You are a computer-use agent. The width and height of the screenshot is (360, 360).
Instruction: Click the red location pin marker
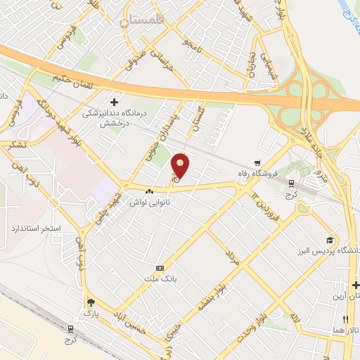(181, 165)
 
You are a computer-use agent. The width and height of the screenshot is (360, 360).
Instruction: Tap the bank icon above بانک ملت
(160, 268)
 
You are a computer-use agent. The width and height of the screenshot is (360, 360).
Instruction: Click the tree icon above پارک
(90, 303)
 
